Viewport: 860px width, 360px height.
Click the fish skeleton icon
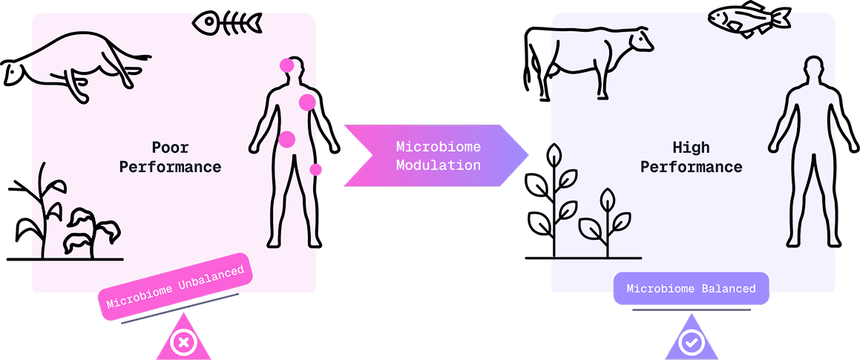(x=227, y=23)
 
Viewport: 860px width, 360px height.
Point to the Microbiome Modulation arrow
(x=436, y=155)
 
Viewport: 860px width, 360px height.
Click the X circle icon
(x=183, y=343)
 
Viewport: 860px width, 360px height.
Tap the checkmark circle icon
(x=692, y=343)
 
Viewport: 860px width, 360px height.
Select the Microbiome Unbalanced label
(x=175, y=287)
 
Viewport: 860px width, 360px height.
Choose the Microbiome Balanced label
(x=691, y=288)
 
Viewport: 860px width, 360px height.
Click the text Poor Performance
(x=170, y=157)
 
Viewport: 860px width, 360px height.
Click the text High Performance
(x=691, y=157)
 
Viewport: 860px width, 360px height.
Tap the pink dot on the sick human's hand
(x=315, y=169)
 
